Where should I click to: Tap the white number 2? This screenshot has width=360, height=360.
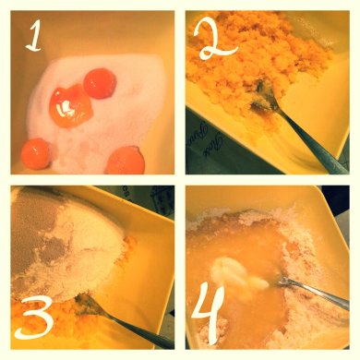pos(215,40)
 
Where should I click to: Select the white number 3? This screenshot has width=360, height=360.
pos(34,317)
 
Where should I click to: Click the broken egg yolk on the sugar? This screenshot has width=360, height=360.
pos(71,106)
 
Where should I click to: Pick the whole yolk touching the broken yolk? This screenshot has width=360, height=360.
pos(100,84)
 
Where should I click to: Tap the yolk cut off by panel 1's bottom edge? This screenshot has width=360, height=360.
pos(126,161)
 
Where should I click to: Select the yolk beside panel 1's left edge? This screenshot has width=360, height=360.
pos(35,154)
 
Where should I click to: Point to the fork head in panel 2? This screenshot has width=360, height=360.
pos(262,97)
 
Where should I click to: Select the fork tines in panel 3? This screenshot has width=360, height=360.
pos(86,304)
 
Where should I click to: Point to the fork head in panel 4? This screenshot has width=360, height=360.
pos(284,281)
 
